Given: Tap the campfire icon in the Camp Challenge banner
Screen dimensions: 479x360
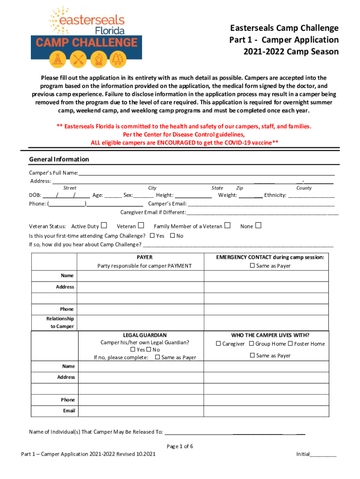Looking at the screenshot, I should coord(98,59).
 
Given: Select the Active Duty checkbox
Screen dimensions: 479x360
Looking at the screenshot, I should coord(104,226).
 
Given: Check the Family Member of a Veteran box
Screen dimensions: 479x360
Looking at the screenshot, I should coord(228,226).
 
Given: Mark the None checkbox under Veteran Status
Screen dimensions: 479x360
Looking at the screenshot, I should coord(258,226).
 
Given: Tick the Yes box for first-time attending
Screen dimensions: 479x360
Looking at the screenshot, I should coord(151,236).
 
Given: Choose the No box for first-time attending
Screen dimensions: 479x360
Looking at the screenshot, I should coord(173,236).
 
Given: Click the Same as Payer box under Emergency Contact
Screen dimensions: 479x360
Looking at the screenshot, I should coord(252,266).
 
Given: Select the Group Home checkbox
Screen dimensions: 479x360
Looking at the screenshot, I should coord(252,344).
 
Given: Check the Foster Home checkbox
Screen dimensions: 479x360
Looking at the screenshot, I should coord(290,344).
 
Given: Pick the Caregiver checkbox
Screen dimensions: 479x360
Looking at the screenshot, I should coord(218,344).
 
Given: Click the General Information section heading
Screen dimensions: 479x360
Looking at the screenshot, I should coord(59,160).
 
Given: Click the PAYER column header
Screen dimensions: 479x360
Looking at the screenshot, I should coord(144,257).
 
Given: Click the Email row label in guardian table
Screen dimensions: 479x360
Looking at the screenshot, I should coord(69,411).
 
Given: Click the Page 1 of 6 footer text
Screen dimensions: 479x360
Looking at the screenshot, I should coord(180,446).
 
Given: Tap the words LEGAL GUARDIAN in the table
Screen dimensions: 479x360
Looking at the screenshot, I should coord(144,335).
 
